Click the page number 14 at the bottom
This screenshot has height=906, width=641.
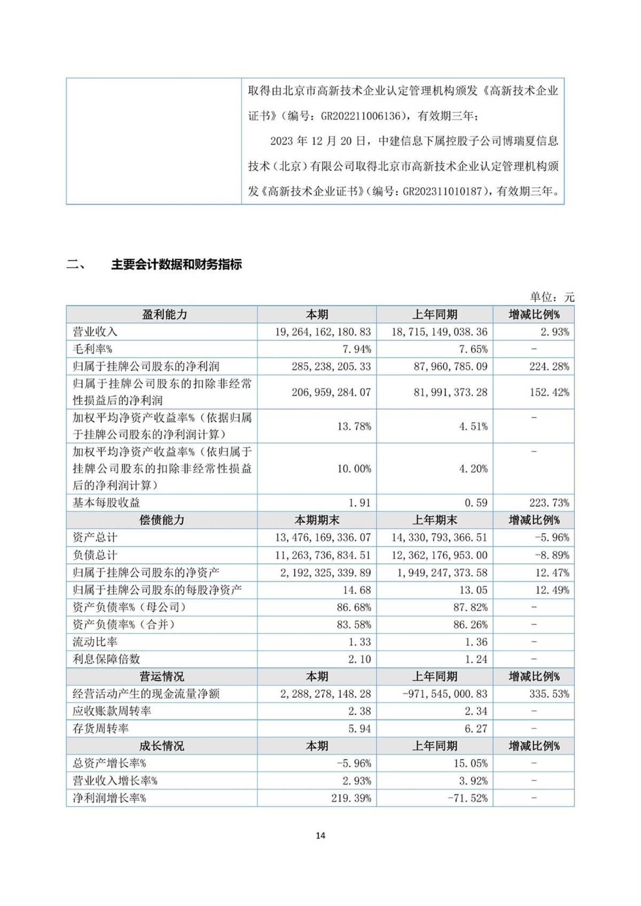(x=320, y=835)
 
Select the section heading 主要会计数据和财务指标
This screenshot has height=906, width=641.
(x=176, y=264)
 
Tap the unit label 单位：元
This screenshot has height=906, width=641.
(x=552, y=297)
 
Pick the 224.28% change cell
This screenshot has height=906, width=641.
(x=549, y=366)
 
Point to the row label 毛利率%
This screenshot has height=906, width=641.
(x=92, y=349)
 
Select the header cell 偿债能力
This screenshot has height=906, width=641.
(x=161, y=520)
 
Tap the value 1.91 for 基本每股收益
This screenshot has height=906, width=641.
(x=359, y=503)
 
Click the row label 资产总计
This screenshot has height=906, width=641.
(x=95, y=537)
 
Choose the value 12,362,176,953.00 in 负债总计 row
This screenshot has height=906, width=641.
(x=439, y=555)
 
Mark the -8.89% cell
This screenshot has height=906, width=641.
(x=552, y=555)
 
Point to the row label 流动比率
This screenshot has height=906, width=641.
(x=95, y=642)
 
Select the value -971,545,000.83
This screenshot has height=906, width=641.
(x=444, y=694)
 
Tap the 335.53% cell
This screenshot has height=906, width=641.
(x=549, y=694)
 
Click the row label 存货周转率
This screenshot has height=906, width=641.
(x=100, y=729)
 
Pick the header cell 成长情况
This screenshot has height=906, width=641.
(x=161, y=746)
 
